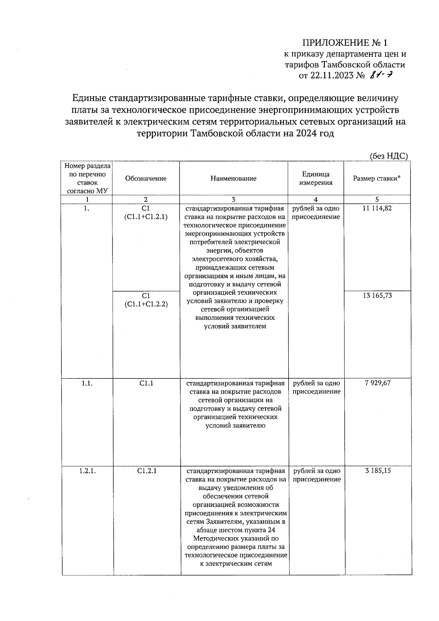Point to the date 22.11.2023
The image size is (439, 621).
click(x=332, y=76)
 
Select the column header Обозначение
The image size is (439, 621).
click(x=146, y=179)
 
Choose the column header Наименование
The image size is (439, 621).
click(x=233, y=179)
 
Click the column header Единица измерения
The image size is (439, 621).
click(x=316, y=179)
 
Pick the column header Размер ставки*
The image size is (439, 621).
click(x=377, y=179)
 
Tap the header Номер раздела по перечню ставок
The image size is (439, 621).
click(x=87, y=178)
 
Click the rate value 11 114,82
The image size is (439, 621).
click(x=377, y=209)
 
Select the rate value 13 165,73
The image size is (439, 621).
click(x=377, y=295)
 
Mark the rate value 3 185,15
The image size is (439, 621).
click(x=378, y=471)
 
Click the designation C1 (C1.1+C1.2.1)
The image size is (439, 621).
click(x=146, y=213)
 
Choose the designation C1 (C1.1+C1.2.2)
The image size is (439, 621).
click(x=146, y=300)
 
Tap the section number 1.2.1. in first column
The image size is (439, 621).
click(x=87, y=471)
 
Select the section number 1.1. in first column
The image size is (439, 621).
click(x=87, y=383)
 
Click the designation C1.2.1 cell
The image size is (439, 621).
click(x=147, y=471)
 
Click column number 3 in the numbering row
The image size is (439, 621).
click(x=233, y=200)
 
